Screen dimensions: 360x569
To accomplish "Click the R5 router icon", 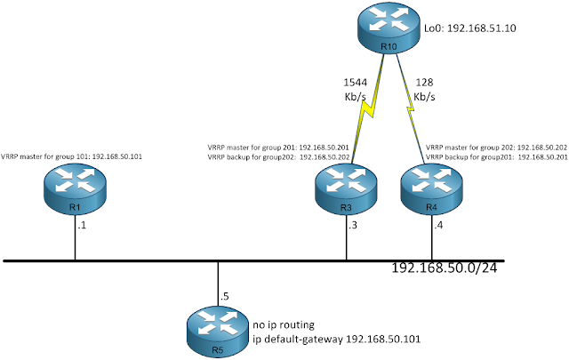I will pyautogui.click(x=219, y=329).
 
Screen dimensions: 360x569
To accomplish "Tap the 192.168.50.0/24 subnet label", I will pyautogui.click(x=445, y=268).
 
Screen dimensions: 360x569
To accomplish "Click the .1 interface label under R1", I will pyautogui.click(x=82, y=228).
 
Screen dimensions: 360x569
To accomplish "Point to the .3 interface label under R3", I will pyautogui.click(x=353, y=228).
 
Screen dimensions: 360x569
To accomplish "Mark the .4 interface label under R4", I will pyautogui.click(x=438, y=228).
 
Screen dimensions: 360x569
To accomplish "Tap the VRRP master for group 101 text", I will pyautogui.click(x=72, y=156).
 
